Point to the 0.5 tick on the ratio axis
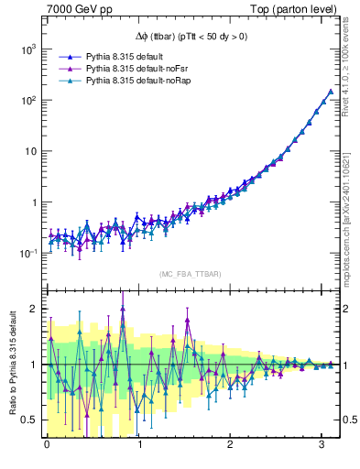pyautogui.click(x=28, y=420)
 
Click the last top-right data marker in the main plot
pyautogui.click(x=330, y=91)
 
